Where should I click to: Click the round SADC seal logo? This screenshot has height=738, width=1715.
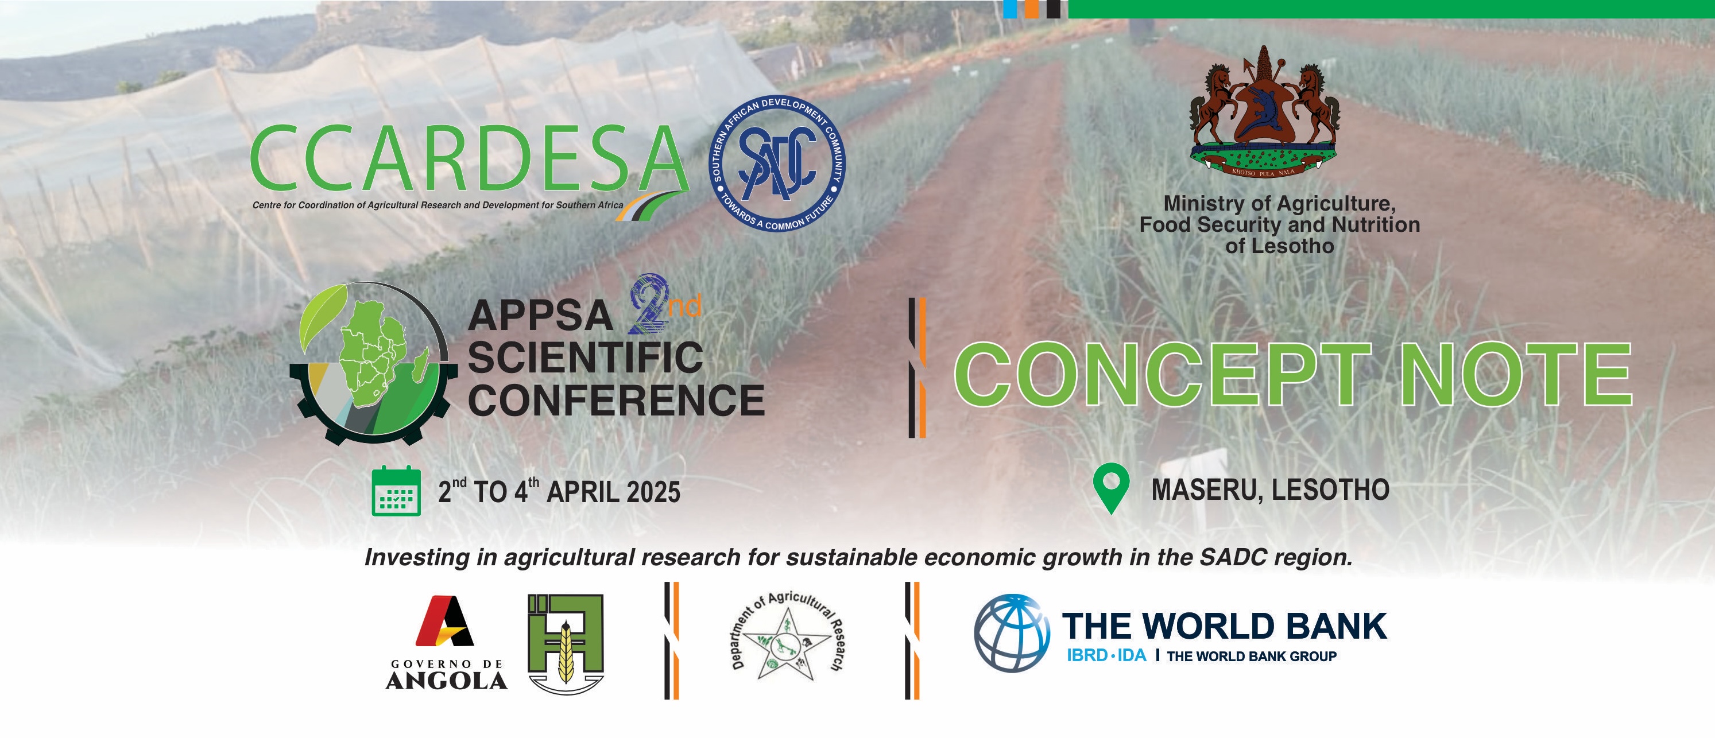tap(776, 164)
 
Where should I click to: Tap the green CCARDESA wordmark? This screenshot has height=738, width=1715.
tap(469, 158)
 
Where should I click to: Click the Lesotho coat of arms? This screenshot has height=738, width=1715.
tap(1264, 113)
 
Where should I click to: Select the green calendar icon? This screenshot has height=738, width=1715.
tap(396, 491)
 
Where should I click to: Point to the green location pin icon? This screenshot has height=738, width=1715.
tap(1111, 488)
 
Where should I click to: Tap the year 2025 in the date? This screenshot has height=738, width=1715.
tap(653, 492)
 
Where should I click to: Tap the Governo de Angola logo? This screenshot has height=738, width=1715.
tap(446, 642)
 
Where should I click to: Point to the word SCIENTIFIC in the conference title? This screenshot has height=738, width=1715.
tap(585, 358)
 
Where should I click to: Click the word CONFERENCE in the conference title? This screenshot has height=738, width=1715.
tap(616, 400)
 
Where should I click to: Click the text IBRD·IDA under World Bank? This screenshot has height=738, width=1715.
tap(1106, 655)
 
